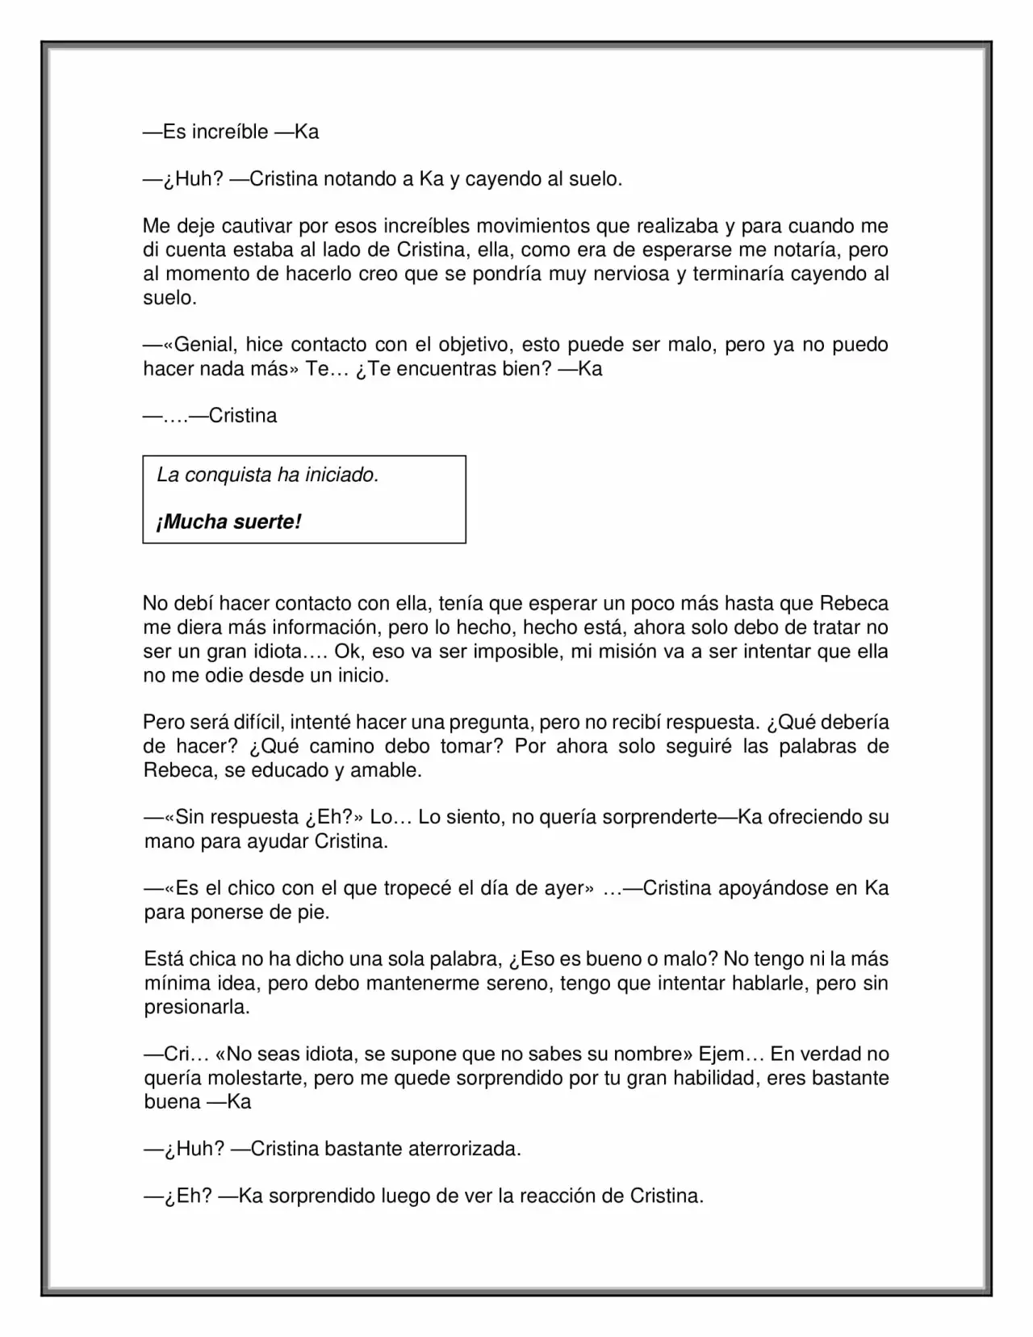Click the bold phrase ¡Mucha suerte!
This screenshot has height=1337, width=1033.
click(x=228, y=522)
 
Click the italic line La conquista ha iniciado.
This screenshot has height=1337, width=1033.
click(x=268, y=475)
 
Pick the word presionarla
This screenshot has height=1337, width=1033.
click(x=197, y=1008)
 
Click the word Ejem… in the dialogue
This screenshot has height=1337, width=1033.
click(x=730, y=1054)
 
